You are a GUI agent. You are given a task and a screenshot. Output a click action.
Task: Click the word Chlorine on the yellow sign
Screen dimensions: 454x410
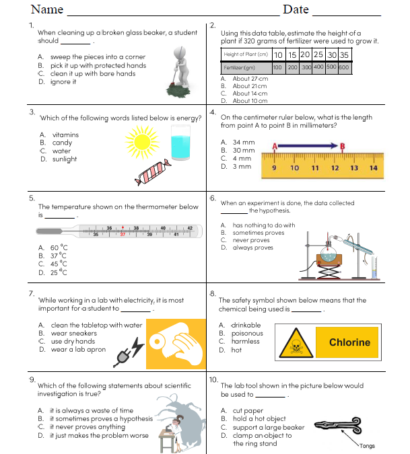(x=349, y=342)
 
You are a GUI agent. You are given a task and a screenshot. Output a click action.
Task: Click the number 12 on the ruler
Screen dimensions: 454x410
(x=335, y=167)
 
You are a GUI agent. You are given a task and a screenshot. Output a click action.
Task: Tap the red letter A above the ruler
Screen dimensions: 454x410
(x=275, y=146)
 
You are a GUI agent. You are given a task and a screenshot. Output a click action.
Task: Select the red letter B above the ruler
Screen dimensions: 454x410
(x=343, y=146)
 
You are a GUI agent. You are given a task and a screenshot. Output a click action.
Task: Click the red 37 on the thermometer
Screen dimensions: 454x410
(x=123, y=235)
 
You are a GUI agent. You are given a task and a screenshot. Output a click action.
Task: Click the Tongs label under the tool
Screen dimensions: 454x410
(x=367, y=446)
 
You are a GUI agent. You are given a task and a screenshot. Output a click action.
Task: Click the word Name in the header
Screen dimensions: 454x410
(x=47, y=9)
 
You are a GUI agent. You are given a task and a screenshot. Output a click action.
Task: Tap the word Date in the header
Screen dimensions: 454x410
(x=296, y=9)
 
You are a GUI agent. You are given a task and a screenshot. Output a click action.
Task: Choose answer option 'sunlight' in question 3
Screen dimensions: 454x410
(x=65, y=159)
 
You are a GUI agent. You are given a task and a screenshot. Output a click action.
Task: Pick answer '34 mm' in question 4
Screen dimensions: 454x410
(x=244, y=143)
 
